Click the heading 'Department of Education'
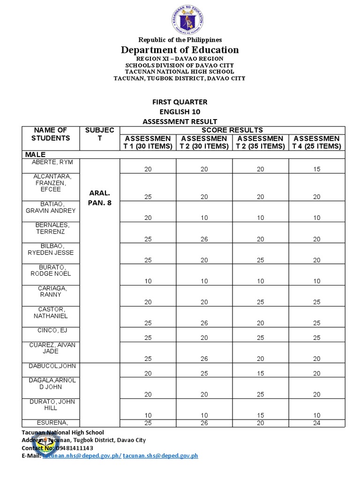click(x=180, y=50)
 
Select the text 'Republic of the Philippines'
click(x=180, y=40)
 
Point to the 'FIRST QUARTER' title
click(x=180, y=102)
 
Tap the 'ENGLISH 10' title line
click(x=180, y=112)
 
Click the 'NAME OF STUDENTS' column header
click(x=51, y=134)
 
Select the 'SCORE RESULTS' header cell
click(x=232, y=130)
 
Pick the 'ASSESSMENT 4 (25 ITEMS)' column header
click(x=317, y=142)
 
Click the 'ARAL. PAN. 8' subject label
click(x=100, y=198)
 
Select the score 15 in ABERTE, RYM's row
click(x=317, y=169)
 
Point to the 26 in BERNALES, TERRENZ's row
click(x=204, y=239)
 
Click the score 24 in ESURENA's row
click(x=317, y=423)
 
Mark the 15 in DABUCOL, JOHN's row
click(x=261, y=374)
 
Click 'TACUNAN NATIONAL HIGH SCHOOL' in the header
click(x=180, y=71)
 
